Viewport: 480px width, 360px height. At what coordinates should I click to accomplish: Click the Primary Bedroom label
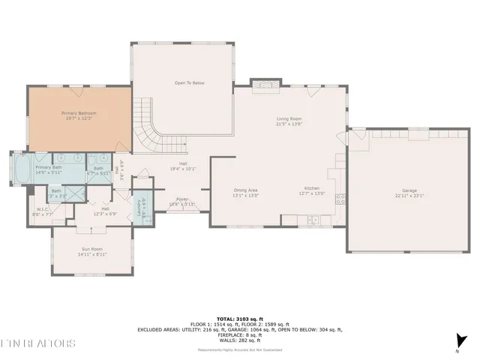coord(79,113)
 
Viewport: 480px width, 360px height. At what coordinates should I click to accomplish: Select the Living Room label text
coord(289,118)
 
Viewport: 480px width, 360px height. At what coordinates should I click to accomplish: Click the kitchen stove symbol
coord(340,199)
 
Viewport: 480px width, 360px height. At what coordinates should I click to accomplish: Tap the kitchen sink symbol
coord(313,220)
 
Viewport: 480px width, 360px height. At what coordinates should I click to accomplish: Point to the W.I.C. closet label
coord(42,209)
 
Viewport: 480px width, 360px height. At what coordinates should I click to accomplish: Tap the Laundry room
coord(140,208)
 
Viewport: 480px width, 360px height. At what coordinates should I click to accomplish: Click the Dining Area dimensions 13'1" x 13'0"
coord(246,195)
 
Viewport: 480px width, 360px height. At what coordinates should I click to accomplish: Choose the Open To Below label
coord(190,83)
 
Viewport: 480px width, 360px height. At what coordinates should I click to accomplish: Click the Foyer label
coord(181,199)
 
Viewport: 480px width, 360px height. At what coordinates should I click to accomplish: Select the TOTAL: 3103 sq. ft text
coord(239,319)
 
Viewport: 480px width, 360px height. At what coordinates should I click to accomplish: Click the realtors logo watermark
coord(37,343)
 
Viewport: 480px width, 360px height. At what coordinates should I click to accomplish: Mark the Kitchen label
coord(313,189)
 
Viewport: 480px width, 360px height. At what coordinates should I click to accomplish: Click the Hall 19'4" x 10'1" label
coord(182,166)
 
